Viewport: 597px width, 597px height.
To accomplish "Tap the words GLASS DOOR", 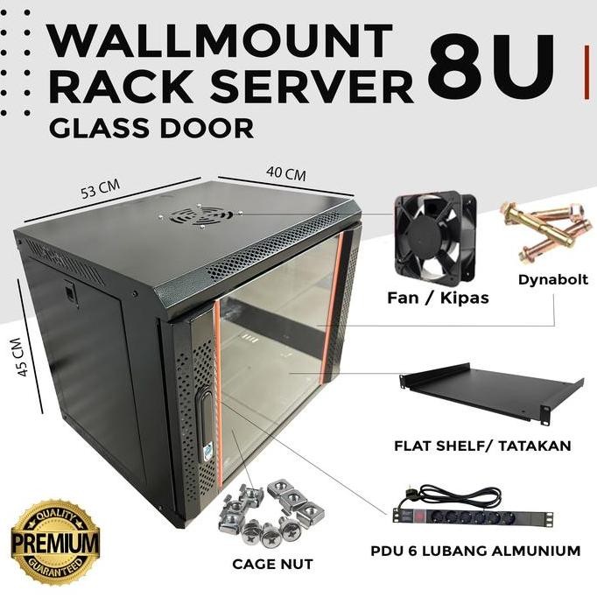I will [151, 128].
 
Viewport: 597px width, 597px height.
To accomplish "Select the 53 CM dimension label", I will [97, 187].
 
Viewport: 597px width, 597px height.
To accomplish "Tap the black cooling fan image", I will [434, 229].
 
